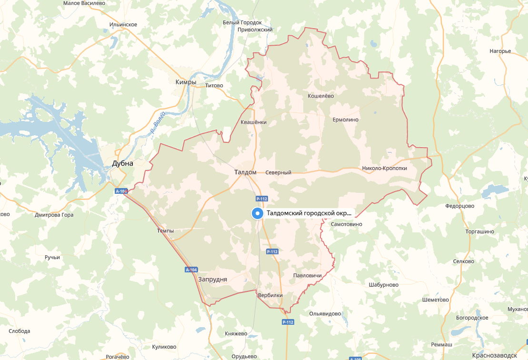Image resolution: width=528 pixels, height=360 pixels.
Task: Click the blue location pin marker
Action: pyautogui.click(x=257, y=214)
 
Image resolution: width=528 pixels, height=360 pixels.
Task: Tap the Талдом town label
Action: pyautogui.click(x=245, y=172)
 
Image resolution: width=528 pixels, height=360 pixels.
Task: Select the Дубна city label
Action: pyautogui.click(x=122, y=163)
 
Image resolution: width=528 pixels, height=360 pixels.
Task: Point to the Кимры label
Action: pyautogui.click(x=186, y=82)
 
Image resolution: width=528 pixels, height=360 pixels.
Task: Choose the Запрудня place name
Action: pyautogui.click(x=212, y=280)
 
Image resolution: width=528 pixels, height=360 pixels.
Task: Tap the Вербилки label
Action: pyautogui.click(x=270, y=295)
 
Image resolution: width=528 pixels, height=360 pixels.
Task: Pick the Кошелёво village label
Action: pyautogui.click(x=321, y=96)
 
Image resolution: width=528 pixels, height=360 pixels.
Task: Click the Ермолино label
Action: pyautogui.click(x=345, y=120)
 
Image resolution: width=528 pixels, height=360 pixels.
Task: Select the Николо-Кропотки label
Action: pyautogui.click(x=385, y=168)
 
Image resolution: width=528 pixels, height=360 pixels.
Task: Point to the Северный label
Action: pyautogui.click(x=278, y=172)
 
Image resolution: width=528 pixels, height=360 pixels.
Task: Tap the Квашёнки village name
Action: pyautogui.click(x=254, y=122)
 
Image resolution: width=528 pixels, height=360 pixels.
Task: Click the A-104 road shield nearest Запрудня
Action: pyautogui.click(x=191, y=270)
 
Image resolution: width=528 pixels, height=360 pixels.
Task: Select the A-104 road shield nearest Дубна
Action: pyautogui.click(x=121, y=191)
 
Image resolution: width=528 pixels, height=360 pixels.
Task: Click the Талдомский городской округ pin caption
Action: pyautogui.click(x=310, y=213)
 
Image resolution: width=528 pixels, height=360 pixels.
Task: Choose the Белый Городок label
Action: pyautogui.click(x=242, y=22)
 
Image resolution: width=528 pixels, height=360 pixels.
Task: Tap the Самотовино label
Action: pyautogui.click(x=346, y=224)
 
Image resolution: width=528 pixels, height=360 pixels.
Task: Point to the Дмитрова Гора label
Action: pyautogui.click(x=54, y=215)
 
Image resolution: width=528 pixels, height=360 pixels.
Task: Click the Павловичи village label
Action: pyautogui.click(x=309, y=276)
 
